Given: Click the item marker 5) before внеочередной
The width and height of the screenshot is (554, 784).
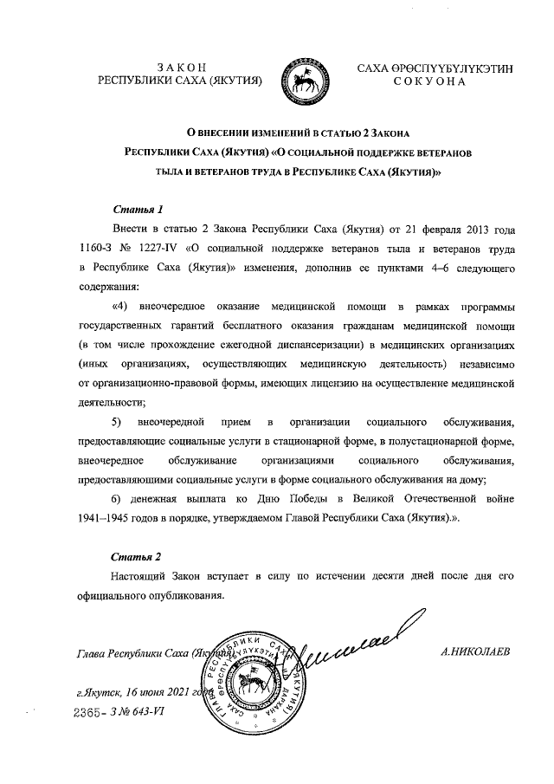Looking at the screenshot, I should (x=118, y=422).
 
